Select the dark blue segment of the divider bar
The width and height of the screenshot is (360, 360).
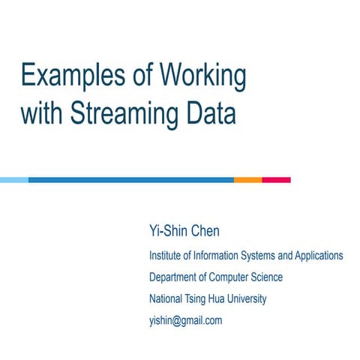(x=131, y=180)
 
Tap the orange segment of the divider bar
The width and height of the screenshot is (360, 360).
(x=247, y=180)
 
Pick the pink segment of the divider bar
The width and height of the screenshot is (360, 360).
(x=276, y=180)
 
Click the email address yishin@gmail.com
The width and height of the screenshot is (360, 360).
(x=186, y=320)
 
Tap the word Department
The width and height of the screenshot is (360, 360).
(x=175, y=277)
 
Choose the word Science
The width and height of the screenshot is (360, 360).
(x=269, y=277)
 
